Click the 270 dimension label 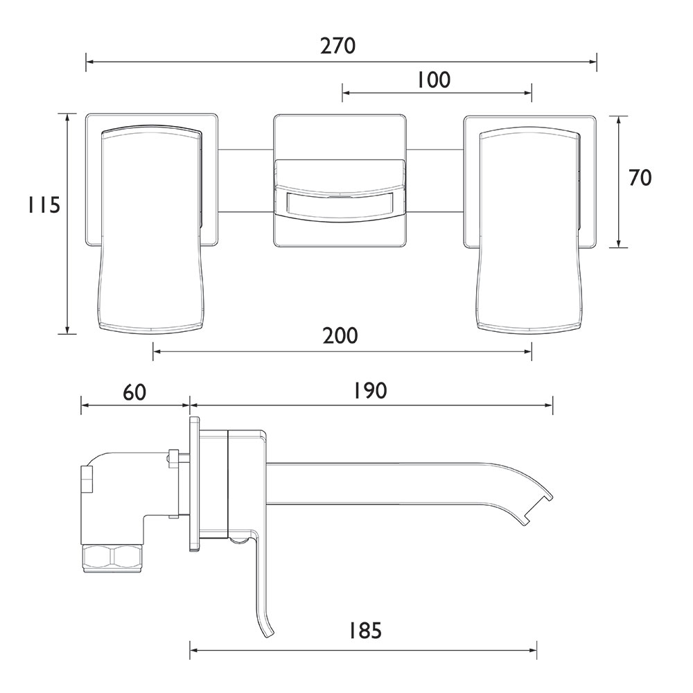coord(337,46)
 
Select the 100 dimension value coord(434,80)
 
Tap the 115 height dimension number coord(43,205)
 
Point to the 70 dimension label coord(640,177)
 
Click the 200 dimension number coord(340,336)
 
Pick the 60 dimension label coord(134,392)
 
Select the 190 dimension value coord(370,391)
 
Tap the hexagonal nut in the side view coord(113,558)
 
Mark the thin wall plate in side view coord(194,484)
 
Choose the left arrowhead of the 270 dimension coord(89,62)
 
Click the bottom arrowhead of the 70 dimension coord(619,243)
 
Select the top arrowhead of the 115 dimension coord(67,118)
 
